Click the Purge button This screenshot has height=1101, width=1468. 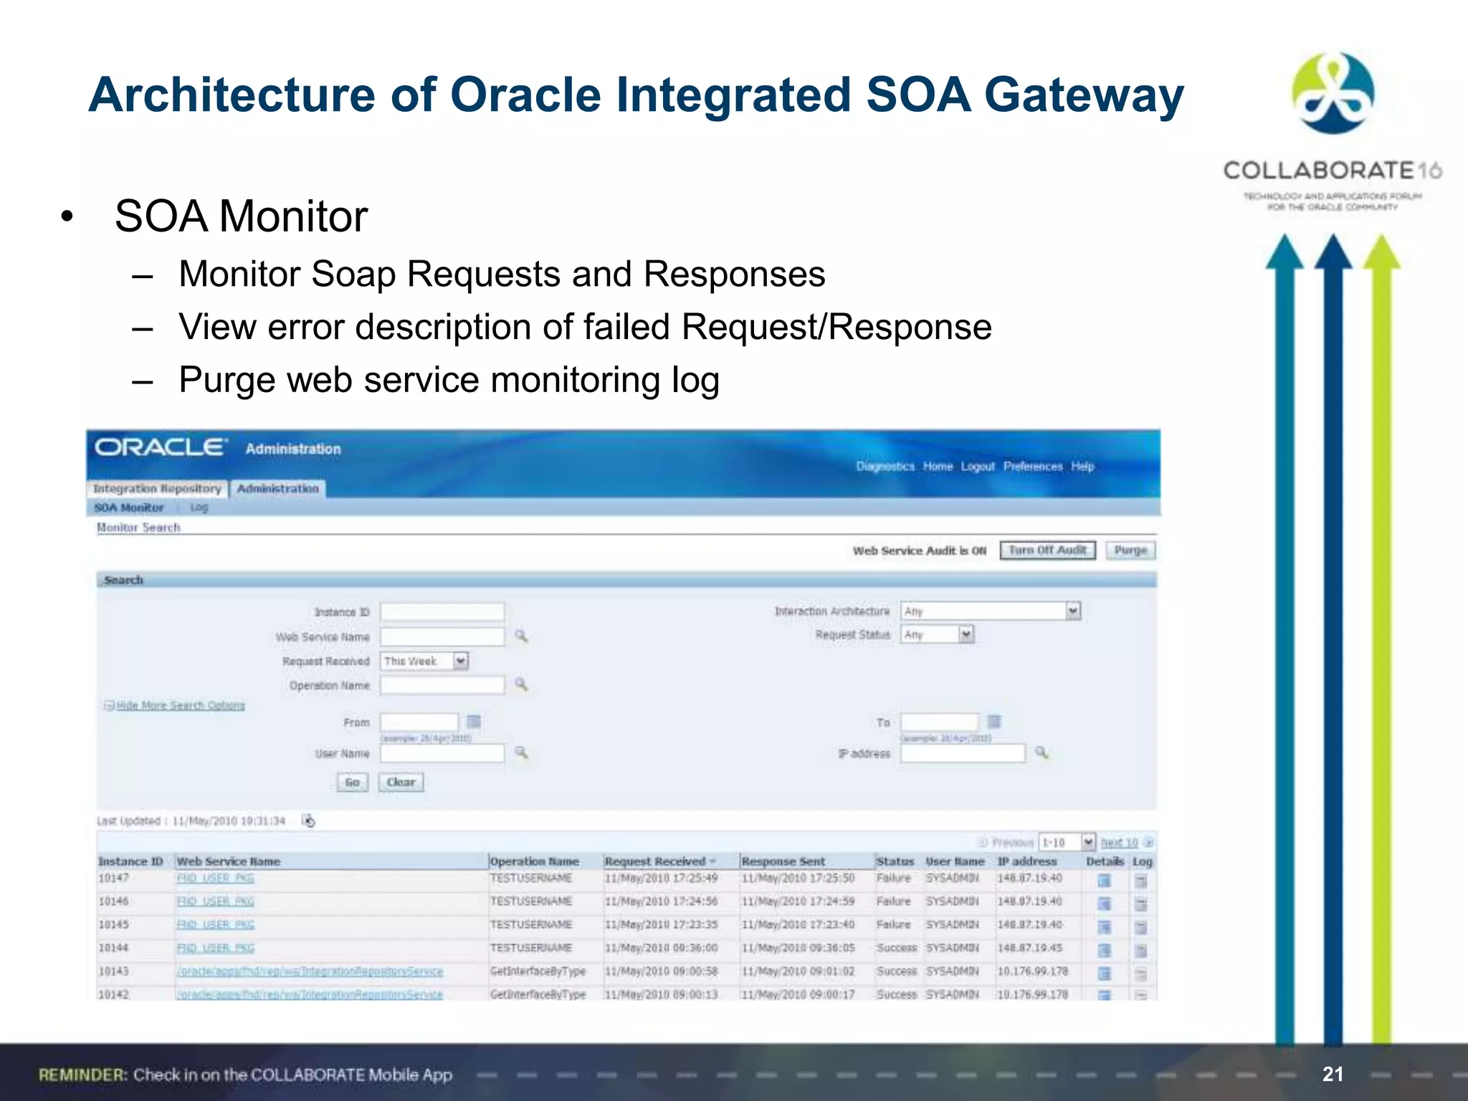[1130, 550]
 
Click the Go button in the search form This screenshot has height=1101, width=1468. [352, 782]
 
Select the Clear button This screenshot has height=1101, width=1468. [401, 782]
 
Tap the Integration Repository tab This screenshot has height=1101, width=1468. [158, 489]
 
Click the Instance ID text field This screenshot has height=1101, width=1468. [442, 612]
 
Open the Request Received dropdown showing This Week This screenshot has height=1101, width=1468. [460, 661]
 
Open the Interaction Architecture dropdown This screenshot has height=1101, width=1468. [1072, 611]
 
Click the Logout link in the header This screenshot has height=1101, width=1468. [978, 467]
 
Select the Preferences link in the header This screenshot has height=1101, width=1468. [1033, 467]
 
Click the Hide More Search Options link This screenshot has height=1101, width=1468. [181, 706]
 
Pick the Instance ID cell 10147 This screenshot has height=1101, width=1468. [113, 878]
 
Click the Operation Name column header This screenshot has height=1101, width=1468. [535, 862]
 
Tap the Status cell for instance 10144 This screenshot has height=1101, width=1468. [896, 948]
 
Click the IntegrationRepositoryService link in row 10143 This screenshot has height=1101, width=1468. [310, 972]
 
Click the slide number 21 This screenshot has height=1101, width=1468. [1333, 1074]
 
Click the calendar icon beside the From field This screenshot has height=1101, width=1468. [474, 722]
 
